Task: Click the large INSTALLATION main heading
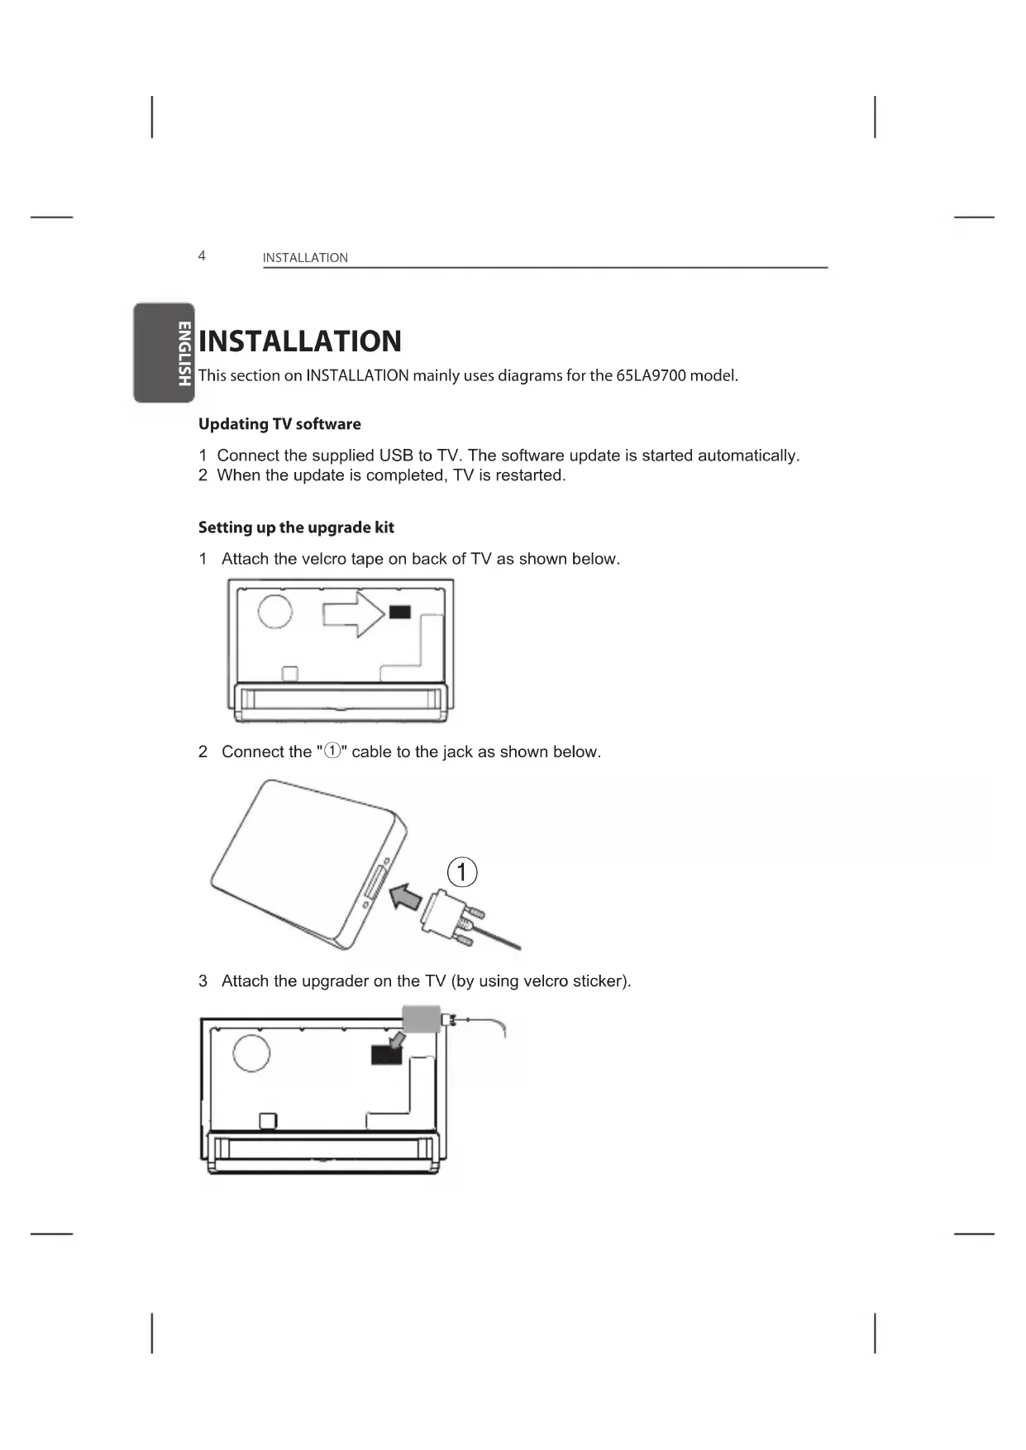(x=300, y=341)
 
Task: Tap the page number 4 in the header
(x=202, y=255)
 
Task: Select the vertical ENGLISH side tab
(x=184, y=353)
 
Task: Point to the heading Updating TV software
(x=279, y=424)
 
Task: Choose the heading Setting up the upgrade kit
(x=296, y=527)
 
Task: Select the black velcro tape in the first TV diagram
(x=399, y=612)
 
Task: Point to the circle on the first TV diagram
(x=275, y=611)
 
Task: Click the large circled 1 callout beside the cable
(x=462, y=872)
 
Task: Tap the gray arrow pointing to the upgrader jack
(x=404, y=894)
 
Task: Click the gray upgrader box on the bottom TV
(x=422, y=1018)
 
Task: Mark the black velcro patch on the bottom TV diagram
(x=386, y=1054)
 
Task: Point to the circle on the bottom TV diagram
(x=251, y=1052)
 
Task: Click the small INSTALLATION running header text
(x=305, y=258)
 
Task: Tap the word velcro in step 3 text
(x=547, y=981)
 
